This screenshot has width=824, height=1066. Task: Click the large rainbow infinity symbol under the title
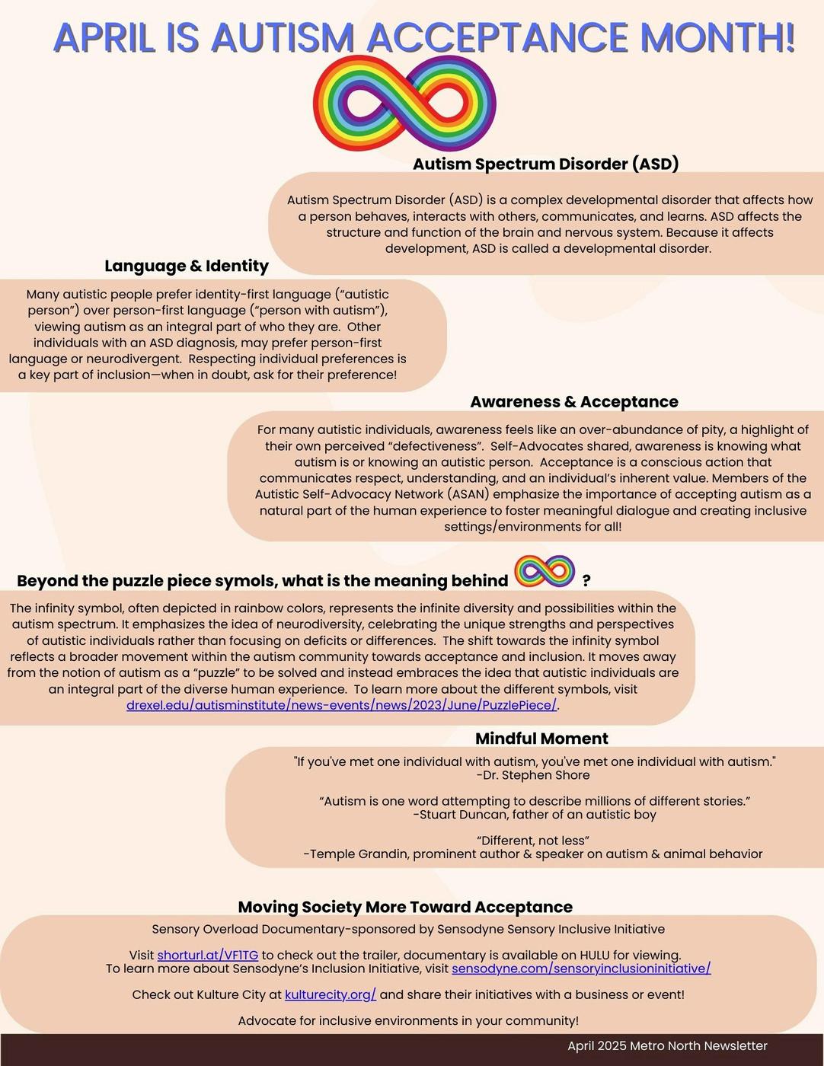404,103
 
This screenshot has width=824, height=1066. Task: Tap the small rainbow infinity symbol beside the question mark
545,571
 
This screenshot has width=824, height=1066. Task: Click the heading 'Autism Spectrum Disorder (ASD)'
545,164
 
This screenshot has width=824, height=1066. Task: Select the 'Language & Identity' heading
187,266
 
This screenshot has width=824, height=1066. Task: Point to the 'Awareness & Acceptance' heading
573,402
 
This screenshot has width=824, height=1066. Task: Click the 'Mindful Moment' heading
541,739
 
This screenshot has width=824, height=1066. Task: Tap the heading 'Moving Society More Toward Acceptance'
405,907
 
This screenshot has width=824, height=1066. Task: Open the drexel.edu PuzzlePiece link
341,706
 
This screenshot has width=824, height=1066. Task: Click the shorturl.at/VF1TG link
208,955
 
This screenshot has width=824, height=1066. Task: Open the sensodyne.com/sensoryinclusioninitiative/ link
581,969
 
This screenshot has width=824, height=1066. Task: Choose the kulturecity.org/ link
331,994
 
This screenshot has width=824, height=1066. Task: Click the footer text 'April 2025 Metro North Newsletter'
667,1046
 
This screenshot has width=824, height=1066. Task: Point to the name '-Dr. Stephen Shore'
533,775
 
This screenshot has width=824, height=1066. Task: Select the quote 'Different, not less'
533,841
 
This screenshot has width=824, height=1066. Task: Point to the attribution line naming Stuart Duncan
535,815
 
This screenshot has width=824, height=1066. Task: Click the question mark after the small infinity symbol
586,581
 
